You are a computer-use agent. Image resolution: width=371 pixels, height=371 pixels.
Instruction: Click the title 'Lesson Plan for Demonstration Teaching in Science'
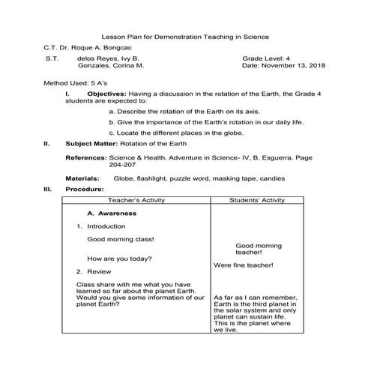(x=184, y=36)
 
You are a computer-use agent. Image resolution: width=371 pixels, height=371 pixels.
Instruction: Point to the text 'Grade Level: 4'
(x=268, y=58)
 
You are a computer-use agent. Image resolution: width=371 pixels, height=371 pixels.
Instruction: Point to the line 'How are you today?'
(x=121, y=259)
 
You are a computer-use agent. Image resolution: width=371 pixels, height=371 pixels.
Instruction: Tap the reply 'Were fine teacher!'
(x=243, y=265)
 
